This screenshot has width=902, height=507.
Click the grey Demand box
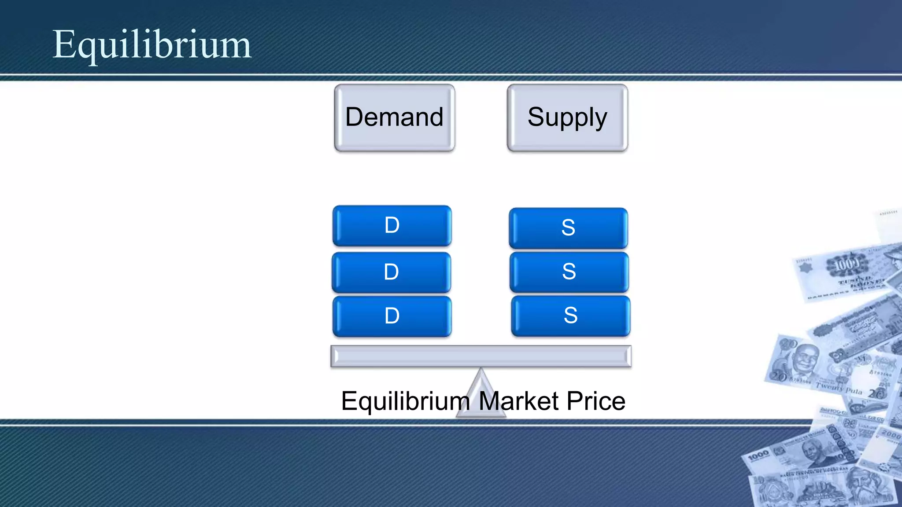[x=394, y=118]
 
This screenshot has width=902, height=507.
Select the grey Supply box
[x=567, y=118]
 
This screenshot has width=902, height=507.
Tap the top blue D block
[x=392, y=226]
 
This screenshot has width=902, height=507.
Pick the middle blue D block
[x=391, y=272]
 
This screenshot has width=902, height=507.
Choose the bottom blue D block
[x=392, y=316]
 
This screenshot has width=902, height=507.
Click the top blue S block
[x=568, y=228]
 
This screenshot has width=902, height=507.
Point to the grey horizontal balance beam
[x=481, y=356]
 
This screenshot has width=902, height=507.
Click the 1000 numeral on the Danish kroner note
[x=847, y=264]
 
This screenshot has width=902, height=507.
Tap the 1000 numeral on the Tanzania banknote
[x=758, y=456]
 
